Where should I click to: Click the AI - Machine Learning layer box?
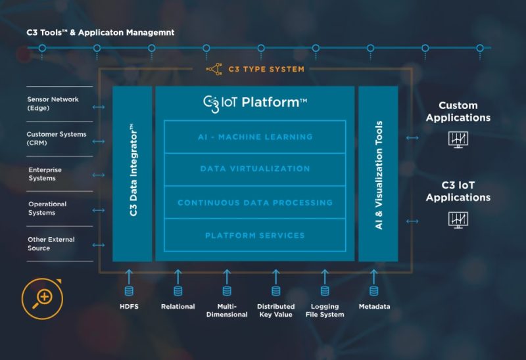pos(254,137)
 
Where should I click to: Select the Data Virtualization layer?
pos(254,169)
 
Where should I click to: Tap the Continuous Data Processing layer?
pos(254,202)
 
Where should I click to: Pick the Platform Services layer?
pos(254,235)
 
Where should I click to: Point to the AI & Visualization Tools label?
pos(379,174)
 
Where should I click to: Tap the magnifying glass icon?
pos(42,296)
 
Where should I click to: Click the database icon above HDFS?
pos(129,291)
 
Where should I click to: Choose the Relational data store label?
pos(178,307)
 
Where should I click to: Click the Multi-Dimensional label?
pos(227,310)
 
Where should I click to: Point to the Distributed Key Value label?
pos(275,310)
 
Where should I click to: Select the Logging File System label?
pos(325,310)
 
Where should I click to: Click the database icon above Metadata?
pos(373,291)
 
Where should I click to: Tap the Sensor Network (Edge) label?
pos(53,103)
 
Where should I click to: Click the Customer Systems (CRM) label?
pos(56,138)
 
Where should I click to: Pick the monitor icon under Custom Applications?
pos(458,139)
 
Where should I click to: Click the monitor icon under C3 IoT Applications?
pos(458,219)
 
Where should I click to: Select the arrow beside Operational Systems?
pos(99,210)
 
